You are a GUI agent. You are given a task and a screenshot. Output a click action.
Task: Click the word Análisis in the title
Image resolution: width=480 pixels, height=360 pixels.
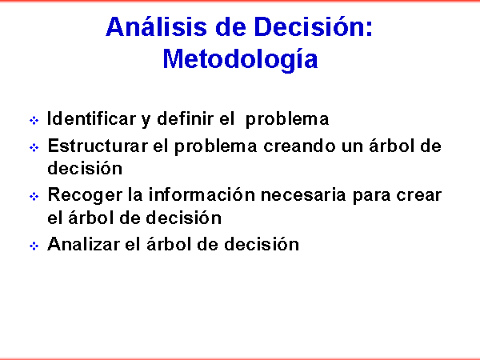(157, 26)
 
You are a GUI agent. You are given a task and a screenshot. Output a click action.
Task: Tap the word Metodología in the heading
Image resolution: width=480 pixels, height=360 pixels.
(240, 60)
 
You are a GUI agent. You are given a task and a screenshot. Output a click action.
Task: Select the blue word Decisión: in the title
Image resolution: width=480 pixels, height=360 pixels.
(314, 26)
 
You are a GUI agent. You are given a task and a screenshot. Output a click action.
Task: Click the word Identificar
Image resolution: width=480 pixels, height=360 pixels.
(91, 118)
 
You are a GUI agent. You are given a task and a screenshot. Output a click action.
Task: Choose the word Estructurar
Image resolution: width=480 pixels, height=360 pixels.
(98, 146)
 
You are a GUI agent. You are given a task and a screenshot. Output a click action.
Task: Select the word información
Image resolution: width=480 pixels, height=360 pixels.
(202, 194)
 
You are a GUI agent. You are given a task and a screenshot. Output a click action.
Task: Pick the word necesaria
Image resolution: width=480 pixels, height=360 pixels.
(303, 194)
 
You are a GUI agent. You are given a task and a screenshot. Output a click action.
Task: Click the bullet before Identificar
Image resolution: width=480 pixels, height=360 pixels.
(34, 120)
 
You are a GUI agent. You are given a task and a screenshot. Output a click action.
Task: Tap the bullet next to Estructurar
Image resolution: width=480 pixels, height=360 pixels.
(34, 147)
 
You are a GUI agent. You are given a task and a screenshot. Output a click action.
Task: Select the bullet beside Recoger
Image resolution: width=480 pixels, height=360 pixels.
(34, 196)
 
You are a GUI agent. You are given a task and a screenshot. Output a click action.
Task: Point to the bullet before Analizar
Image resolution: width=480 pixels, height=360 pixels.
(34, 246)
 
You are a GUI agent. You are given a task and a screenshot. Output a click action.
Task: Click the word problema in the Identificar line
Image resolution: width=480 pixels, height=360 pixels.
(287, 119)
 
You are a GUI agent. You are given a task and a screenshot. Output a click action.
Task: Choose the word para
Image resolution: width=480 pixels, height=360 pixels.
(371, 196)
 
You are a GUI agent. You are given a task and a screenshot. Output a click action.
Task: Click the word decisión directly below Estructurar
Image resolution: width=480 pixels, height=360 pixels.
(85, 168)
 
